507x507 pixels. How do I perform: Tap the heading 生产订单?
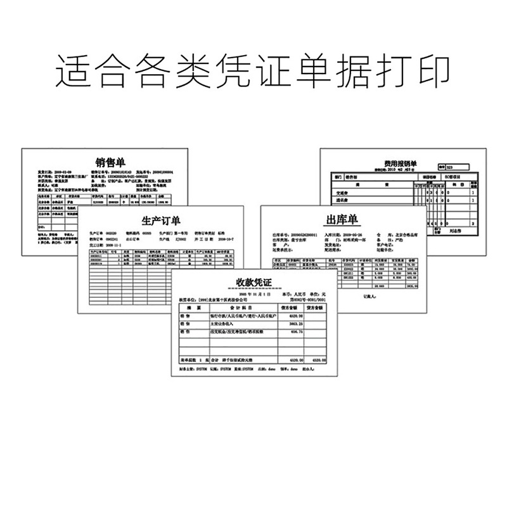pyautogui.click(x=160, y=220)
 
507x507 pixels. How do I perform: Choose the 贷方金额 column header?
pyautogui.click(x=316, y=309)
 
